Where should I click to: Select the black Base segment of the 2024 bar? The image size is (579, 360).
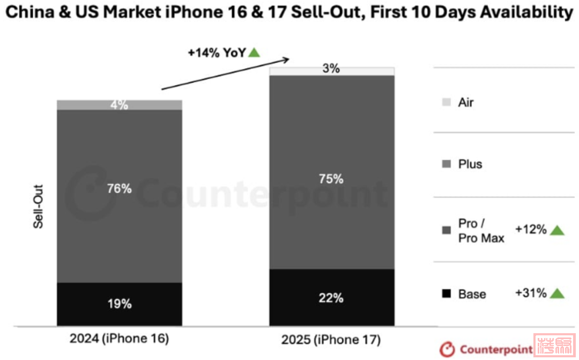coord(120,304)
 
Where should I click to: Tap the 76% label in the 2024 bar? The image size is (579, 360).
coord(120,188)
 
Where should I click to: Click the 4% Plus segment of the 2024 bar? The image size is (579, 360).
coord(120,105)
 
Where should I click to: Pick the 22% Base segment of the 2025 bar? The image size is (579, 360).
coord(332,298)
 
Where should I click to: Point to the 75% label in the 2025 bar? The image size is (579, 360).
coord(332,179)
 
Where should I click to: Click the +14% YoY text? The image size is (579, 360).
coord(216,53)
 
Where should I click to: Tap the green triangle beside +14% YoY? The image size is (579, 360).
coord(254,53)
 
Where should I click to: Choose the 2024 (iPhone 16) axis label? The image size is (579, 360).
coord(120,339)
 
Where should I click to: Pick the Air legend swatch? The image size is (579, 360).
coord(446,102)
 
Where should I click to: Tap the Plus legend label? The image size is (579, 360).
coord(470,164)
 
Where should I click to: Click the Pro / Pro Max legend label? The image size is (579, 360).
coord(481,231)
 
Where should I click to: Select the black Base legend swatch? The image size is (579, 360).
coord(446,293)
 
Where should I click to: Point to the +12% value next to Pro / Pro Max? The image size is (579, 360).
coord(531,230)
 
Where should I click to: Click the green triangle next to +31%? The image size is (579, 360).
coord(558,293)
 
